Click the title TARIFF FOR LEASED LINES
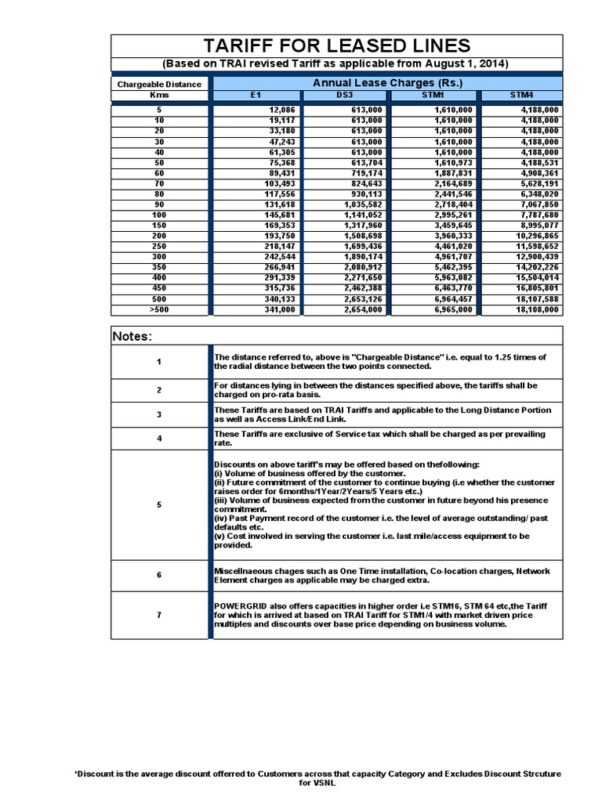tap(336, 45)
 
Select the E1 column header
tap(256, 95)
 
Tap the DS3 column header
tap(346, 95)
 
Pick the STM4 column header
tap(521, 95)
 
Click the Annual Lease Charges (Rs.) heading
tap(388, 82)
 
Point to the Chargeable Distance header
tap(159, 84)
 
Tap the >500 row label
tap(159, 309)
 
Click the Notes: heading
tap(132, 336)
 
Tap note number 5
tap(159, 505)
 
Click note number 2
tap(159, 390)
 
